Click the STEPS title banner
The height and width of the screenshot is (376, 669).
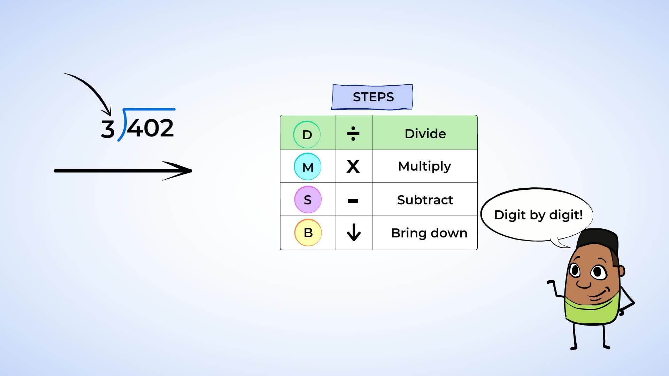click(x=372, y=97)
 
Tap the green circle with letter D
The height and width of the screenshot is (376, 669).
click(x=307, y=134)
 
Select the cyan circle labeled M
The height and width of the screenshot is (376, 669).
click(x=307, y=167)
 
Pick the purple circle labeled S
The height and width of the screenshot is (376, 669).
click(x=308, y=199)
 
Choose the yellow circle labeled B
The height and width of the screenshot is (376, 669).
click(x=308, y=232)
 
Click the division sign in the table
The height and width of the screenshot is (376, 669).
click(x=353, y=134)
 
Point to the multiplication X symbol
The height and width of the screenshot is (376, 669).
click(x=353, y=166)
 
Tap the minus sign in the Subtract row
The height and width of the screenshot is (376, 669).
click(x=353, y=201)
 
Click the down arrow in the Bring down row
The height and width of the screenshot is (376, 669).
click(x=354, y=232)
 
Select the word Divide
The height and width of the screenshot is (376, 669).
click(x=425, y=134)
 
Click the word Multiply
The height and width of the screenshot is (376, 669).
click(x=424, y=167)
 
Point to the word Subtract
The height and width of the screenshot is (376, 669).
click(x=425, y=200)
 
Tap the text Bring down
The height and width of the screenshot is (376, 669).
click(x=429, y=233)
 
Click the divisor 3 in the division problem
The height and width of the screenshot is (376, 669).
click(x=108, y=129)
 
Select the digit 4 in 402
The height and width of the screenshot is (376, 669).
click(x=134, y=128)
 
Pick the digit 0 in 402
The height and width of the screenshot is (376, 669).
click(x=150, y=128)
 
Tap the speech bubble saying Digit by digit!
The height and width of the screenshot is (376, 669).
click(x=537, y=215)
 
